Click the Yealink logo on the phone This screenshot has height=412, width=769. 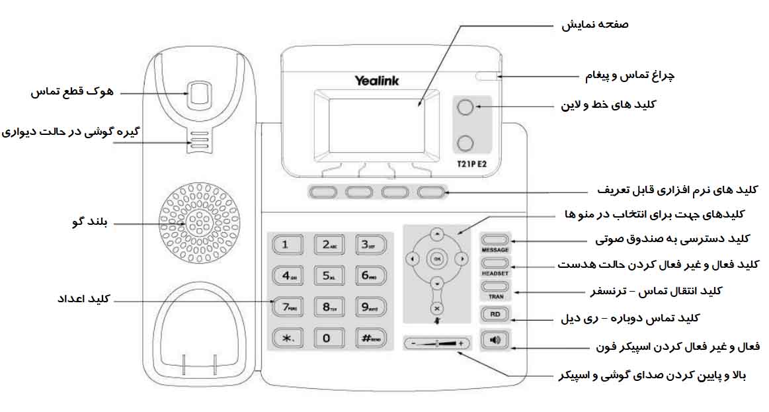point(376,81)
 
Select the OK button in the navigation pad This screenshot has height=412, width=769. point(436,258)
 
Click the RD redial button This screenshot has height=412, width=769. point(495,315)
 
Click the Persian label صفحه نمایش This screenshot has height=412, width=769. point(595,24)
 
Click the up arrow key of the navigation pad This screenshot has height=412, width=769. point(436,233)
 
